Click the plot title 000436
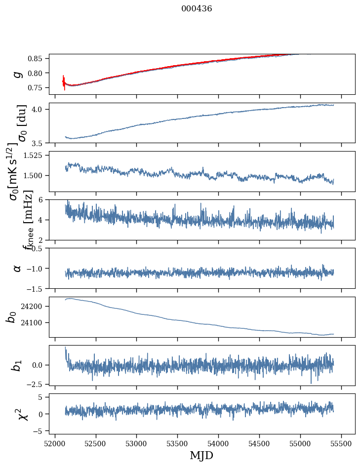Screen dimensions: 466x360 [197, 8]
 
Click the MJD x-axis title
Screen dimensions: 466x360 [201, 455]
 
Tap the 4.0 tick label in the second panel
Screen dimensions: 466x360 [39, 109]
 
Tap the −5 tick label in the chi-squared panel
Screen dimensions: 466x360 [40, 431]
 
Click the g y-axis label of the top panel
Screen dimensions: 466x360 [18, 74]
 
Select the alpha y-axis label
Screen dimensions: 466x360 [18, 268]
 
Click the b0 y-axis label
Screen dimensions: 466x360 [11, 317]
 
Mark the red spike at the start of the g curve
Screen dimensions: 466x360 [64, 82]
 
